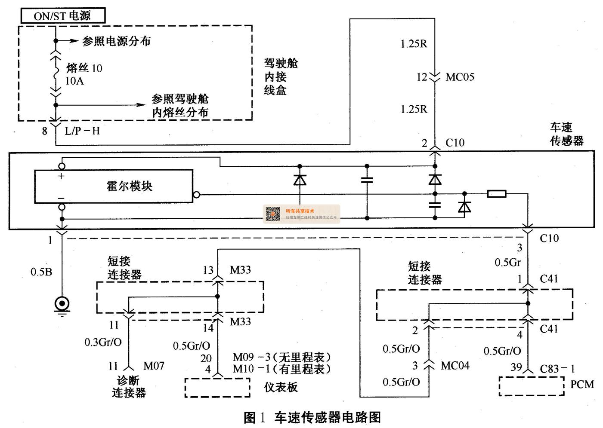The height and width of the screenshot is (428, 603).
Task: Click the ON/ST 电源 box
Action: tap(63, 16)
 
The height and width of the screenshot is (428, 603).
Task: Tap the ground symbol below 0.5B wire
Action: tap(62, 305)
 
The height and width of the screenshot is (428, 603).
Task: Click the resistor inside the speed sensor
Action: tap(496, 194)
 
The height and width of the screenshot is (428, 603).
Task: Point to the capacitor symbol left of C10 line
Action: tap(367, 180)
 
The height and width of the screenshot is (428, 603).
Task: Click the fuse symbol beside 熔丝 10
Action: tap(56, 74)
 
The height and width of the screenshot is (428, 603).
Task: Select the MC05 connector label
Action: tap(460, 77)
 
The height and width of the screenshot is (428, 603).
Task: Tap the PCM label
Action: tap(582, 384)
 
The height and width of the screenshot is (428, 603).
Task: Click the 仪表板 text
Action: tap(281, 387)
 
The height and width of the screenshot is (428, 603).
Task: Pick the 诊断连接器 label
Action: tap(129, 386)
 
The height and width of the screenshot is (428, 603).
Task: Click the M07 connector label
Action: tap(154, 366)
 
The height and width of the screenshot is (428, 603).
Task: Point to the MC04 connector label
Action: tap(455, 366)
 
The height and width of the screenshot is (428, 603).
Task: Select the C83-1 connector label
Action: tap(557, 369)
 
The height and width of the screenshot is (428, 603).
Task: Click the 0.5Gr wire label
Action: tap(508, 262)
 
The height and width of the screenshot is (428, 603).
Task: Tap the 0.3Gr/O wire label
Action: tap(103, 342)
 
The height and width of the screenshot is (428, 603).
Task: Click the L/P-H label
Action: tap(82, 131)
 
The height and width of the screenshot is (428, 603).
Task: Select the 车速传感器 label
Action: tap(566, 134)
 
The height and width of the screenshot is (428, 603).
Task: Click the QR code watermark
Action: tap(273, 214)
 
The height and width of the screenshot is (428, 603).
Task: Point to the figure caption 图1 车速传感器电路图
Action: tap(312, 417)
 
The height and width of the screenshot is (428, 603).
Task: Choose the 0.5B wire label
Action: tap(41, 272)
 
